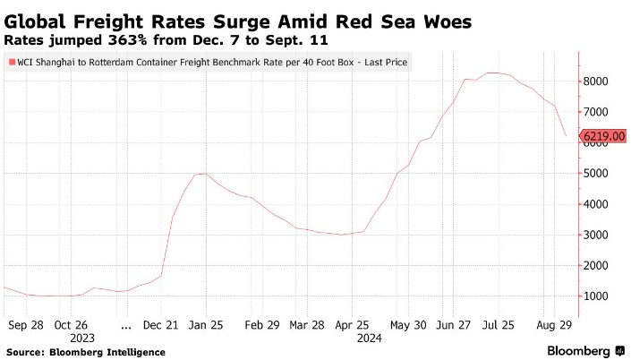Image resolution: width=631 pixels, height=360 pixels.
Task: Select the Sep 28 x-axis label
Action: pyautogui.click(x=25, y=325)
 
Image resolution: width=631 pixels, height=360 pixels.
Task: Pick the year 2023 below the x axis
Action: pyautogui.click(x=82, y=339)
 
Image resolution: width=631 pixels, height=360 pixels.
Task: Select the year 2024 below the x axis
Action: pyautogui.click(x=369, y=339)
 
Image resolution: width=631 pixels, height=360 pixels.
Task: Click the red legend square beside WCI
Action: pyautogui.click(x=12, y=63)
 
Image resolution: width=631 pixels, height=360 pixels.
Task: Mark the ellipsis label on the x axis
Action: pyautogui.click(x=125, y=325)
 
